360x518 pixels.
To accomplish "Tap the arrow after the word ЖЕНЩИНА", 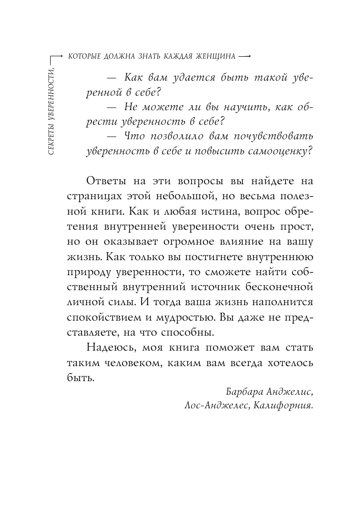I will pyautogui.click(x=244, y=57).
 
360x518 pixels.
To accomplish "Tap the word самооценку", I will pyautogui.click(x=272, y=151).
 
